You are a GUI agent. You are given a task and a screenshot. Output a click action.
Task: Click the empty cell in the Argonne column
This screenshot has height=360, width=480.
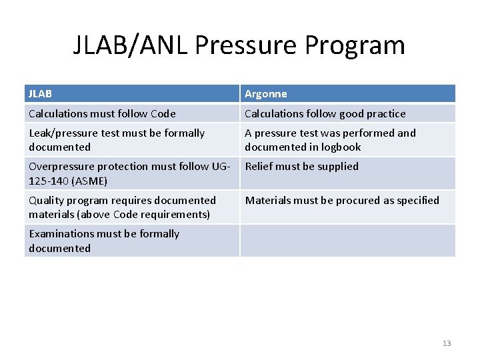[347, 241]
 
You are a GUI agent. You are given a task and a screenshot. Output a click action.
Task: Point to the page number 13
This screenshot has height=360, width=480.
[447, 343]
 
